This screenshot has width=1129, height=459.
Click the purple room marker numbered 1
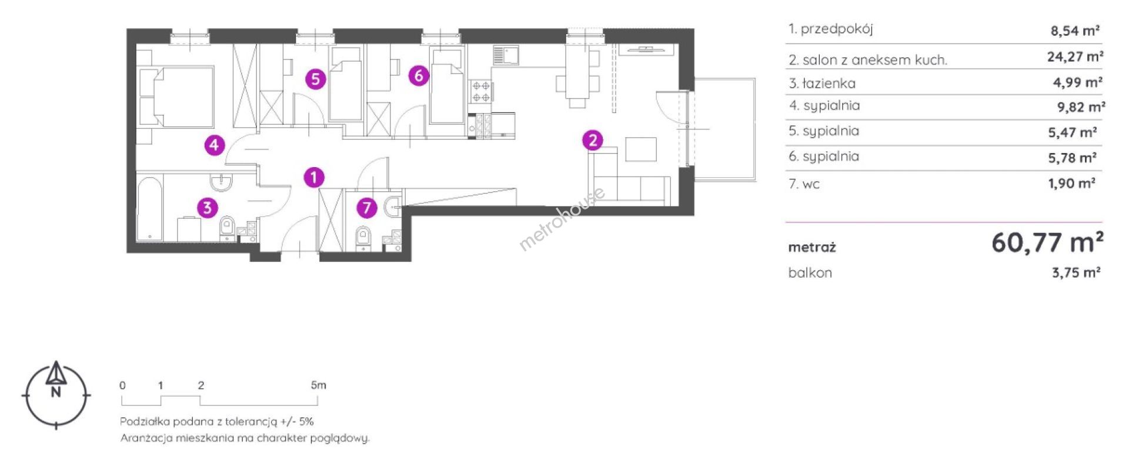click(314, 177)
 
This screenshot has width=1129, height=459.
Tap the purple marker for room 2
click(593, 140)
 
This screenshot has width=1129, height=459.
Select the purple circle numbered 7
click(367, 207)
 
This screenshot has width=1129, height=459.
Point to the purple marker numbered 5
click(316, 79)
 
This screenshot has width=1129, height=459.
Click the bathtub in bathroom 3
click(149, 209)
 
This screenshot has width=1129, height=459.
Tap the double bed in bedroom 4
click(176, 97)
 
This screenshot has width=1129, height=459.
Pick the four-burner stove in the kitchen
click(481, 91)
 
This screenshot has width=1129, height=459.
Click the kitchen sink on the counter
click(505, 56)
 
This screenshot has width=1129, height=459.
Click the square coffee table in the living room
click(640, 149)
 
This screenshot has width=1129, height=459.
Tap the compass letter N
click(56, 393)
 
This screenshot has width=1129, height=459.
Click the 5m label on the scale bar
click(318, 385)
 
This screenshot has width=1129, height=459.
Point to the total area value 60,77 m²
click(1047, 242)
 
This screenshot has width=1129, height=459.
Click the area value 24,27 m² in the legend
click(1075, 57)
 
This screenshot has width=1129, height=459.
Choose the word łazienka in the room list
click(829, 84)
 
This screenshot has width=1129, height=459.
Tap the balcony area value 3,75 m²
click(1075, 272)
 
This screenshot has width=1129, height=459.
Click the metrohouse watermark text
click(561, 219)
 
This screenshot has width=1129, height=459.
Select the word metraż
click(811, 247)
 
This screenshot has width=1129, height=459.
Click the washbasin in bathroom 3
click(222, 183)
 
